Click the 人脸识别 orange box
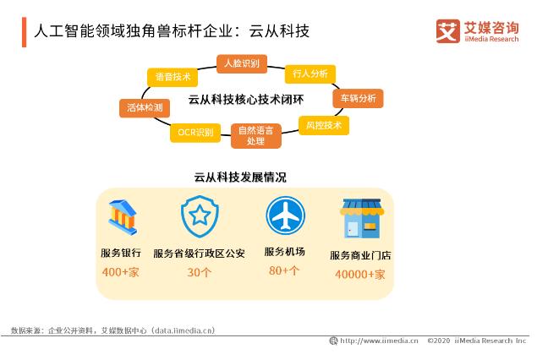pos(241,63)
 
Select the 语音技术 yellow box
pos(173,76)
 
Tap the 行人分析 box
pos(310,74)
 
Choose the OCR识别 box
pos(195,132)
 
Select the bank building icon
pos(124,217)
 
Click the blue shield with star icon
pos(199,217)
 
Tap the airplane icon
pos(283,216)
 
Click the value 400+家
pos(119,272)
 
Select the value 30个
pos(199,272)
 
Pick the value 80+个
pos(283,270)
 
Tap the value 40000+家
pos(359,274)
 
